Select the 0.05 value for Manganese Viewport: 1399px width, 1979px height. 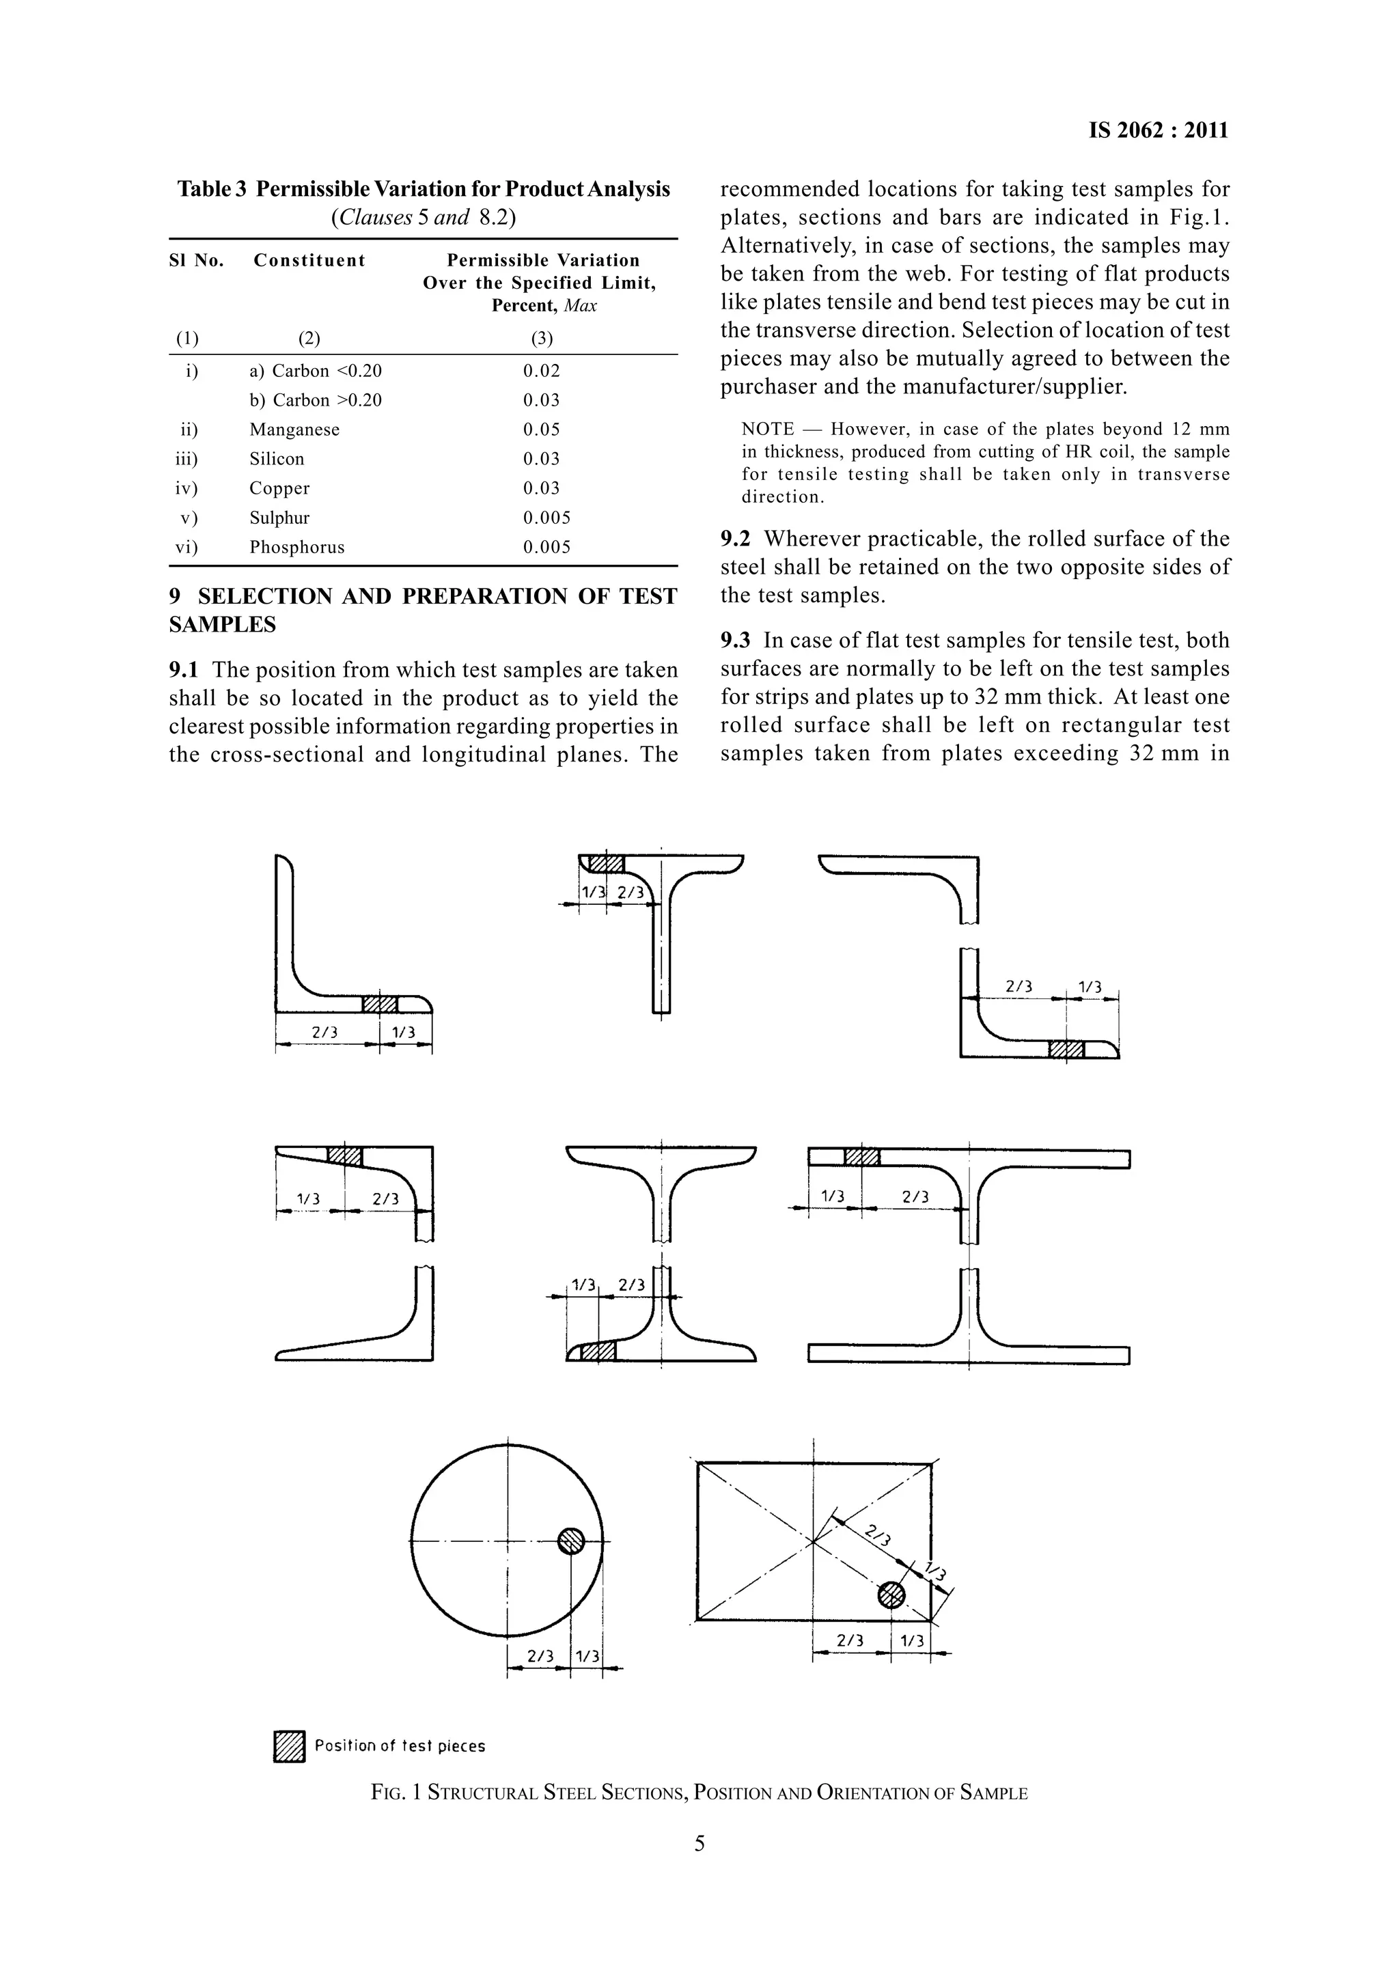tap(540, 430)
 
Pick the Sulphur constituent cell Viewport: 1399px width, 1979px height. tap(279, 518)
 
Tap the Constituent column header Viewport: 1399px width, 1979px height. tap(309, 260)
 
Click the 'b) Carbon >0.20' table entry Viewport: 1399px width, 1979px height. tap(316, 400)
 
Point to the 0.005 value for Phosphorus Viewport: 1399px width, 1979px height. tap(546, 547)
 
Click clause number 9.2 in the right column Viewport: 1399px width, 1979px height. tap(734, 539)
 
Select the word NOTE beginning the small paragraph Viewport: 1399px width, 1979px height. tap(767, 430)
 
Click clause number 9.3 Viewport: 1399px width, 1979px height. tap(734, 641)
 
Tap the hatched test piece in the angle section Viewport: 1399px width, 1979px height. tap(380, 1004)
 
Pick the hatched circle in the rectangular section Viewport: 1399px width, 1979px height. tap(891, 1595)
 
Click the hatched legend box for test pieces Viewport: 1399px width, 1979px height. tap(290, 1746)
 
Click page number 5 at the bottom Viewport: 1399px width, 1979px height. tap(699, 1844)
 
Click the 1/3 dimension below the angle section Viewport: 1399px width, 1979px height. tap(402, 1033)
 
